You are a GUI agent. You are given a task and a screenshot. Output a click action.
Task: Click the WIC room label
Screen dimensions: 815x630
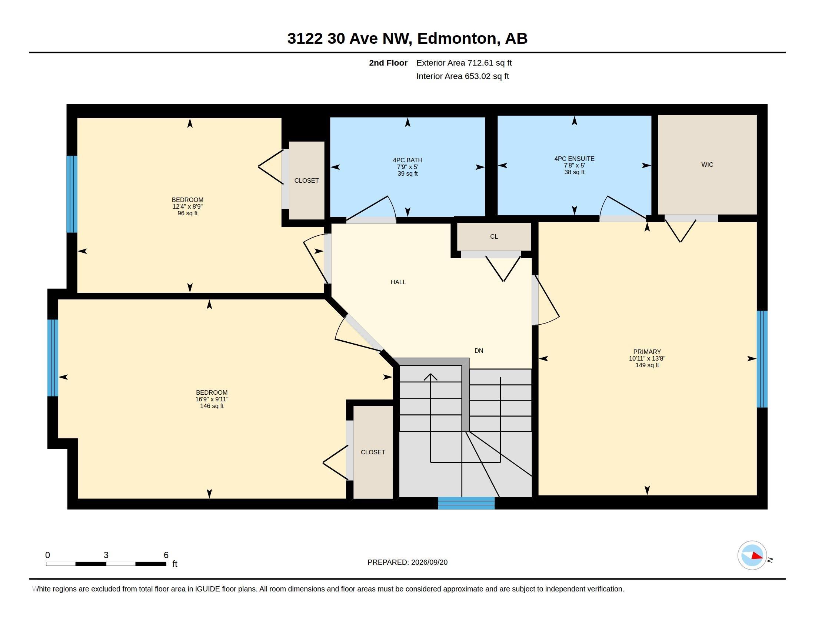click(707, 165)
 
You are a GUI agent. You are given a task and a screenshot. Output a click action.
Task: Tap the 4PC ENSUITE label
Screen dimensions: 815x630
click(574, 159)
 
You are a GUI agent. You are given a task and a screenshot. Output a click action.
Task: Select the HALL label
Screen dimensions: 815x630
click(398, 282)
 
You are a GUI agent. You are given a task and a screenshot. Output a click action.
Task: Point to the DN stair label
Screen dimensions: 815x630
click(479, 351)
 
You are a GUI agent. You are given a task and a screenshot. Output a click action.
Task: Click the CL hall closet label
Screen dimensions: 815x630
click(494, 237)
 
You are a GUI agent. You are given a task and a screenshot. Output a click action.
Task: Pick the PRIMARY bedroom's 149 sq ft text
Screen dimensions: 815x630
click(647, 365)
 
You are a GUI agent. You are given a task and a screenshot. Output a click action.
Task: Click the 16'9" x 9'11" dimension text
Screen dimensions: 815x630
click(212, 399)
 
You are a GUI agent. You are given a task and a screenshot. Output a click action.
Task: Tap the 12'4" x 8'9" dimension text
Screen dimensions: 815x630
click(187, 206)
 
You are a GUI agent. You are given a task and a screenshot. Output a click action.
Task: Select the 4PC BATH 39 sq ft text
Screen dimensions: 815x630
click(408, 173)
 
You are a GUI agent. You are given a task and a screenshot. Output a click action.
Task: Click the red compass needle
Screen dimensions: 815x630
click(757, 556)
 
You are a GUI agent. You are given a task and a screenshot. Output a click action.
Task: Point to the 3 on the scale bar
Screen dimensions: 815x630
click(106, 555)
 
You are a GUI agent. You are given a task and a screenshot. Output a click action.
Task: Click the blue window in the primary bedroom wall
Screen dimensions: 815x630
click(762, 359)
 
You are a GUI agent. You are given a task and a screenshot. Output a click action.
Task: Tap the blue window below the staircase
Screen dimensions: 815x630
click(466, 503)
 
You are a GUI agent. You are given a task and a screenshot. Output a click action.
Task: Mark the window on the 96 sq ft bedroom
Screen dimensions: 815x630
click(71, 194)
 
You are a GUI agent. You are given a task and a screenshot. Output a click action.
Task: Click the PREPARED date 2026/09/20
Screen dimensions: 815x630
click(429, 562)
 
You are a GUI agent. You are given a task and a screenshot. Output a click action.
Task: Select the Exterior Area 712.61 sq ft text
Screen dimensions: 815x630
click(464, 63)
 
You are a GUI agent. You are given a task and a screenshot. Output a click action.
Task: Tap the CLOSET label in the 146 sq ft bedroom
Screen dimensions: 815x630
click(373, 452)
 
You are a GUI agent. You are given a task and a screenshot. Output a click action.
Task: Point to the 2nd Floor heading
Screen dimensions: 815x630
click(388, 63)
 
